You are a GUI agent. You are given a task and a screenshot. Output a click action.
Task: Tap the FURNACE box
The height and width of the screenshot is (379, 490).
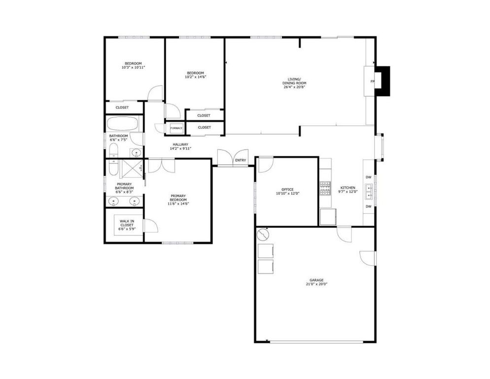tap(176, 128)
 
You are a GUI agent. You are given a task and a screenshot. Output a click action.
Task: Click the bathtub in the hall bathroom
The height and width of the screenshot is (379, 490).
tap(123, 124)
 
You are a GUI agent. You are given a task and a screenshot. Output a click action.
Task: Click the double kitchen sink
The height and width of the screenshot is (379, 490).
tap(368, 189)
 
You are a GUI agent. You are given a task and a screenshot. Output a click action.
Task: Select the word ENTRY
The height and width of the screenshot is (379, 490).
tap(241, 160)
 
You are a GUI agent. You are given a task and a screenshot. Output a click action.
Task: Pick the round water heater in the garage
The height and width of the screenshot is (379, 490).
tap(263, 232)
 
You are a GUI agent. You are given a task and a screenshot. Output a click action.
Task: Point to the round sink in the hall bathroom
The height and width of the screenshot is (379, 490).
tap(135, 152)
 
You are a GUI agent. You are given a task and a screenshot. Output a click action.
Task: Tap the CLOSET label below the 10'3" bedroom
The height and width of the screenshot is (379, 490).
tap(122, 108)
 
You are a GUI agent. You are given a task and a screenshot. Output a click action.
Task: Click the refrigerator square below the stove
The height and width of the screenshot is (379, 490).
tap(327, 216)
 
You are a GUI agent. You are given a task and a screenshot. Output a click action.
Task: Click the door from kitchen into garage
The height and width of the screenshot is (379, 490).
tap(343, 232)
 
